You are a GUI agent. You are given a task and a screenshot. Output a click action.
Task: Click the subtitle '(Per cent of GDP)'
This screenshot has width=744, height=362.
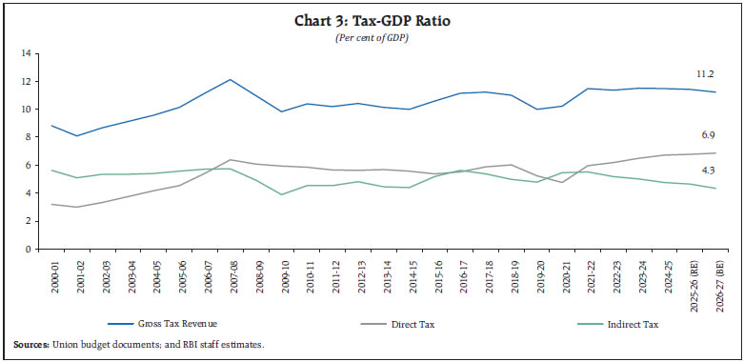(x=372, y=37)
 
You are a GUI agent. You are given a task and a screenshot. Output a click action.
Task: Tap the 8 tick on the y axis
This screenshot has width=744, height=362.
(x=27, y=136)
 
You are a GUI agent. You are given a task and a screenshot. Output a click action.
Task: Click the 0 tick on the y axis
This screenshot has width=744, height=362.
(x=27, y=249)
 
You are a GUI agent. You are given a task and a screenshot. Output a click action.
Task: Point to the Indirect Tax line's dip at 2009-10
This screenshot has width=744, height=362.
(x=281, y=194)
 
